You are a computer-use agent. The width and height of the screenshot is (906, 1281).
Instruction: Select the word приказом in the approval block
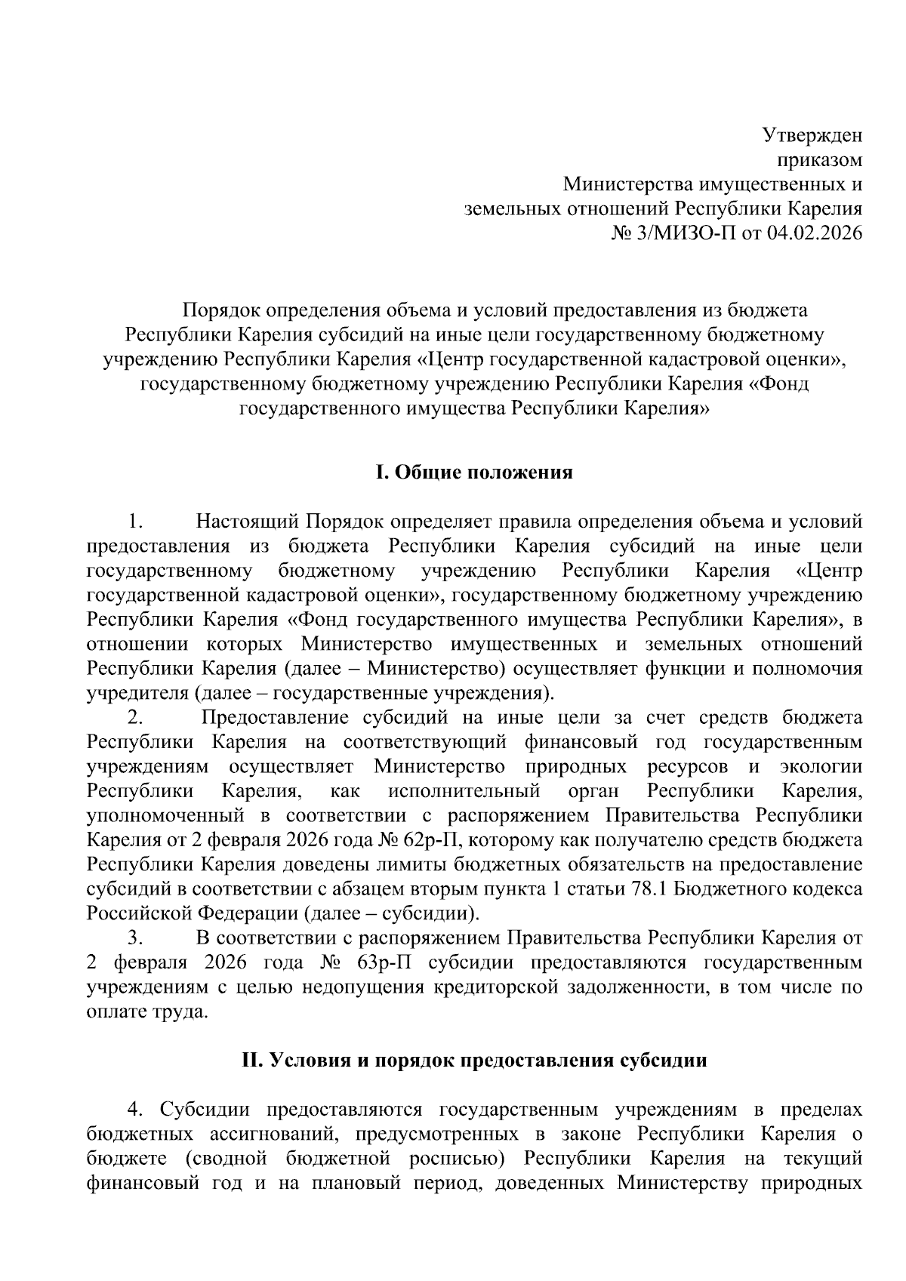tap(819, 160)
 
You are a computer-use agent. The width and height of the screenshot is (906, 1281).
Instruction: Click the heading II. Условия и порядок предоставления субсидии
tap(474, 1060)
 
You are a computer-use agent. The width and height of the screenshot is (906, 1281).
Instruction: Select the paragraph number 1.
tap(135, 522)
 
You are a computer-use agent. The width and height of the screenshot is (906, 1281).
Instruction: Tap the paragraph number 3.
tap(135, 938)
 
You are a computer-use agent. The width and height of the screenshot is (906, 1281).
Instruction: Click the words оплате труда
tap(146, 1012)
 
